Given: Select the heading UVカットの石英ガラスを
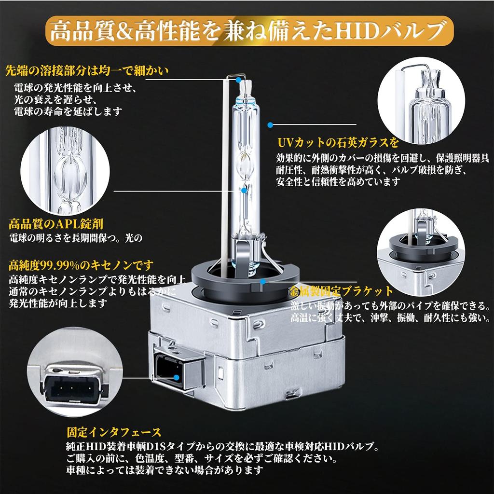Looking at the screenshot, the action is pyautogui.click(x=338, y=143).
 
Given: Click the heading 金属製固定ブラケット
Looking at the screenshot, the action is pyautogui.click(x=341, y=291).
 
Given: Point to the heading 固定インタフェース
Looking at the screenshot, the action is pyautogui.click(x=114, y=432).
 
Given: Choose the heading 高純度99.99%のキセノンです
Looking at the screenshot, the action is pyautogui.click(x=81, y=265).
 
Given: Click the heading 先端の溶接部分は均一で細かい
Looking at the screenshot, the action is pyautogui.click(x=87, y=71).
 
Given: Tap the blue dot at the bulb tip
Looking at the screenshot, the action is pyautogui.click(x=238, y=80).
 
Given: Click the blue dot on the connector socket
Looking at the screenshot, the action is pyautogui.click(x=177, y=377).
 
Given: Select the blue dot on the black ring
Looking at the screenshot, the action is pyautogui.click(x=263, y=281).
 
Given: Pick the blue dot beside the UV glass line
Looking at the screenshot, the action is pyautogui.click(x=270, y=125).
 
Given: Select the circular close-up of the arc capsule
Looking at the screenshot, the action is pyautogui.click(x=65, y=170).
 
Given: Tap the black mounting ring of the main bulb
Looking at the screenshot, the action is pyautogui.click(x=246, y=282).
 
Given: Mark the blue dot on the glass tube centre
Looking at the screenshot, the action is pyautogui.click(x=244, y=190).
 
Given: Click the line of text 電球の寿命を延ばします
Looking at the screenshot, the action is pyautogui.click(x=68, y=111).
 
